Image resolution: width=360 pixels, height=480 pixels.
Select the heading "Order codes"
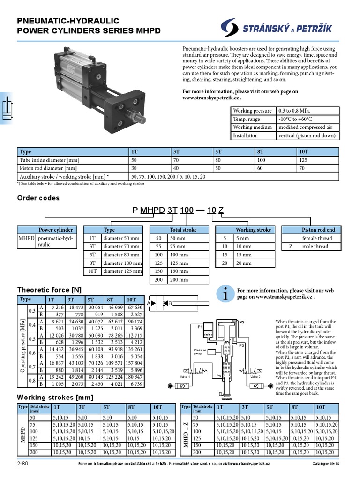38,198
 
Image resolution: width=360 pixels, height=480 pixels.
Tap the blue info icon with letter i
225,294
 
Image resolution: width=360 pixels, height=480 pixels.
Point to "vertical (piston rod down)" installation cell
307,136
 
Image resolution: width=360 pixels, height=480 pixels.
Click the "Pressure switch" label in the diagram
200,352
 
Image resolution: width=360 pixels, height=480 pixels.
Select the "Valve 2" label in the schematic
255,376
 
